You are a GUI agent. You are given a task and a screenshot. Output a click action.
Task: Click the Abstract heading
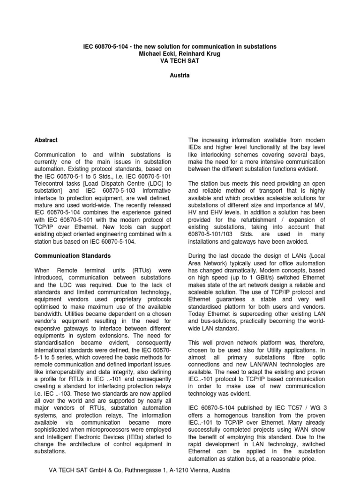(46, 140)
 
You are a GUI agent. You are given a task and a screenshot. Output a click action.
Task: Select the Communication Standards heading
(73, 256)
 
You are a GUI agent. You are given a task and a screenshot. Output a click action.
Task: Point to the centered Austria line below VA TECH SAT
(180, 75)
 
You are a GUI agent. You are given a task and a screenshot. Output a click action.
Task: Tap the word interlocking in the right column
(212, 154)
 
